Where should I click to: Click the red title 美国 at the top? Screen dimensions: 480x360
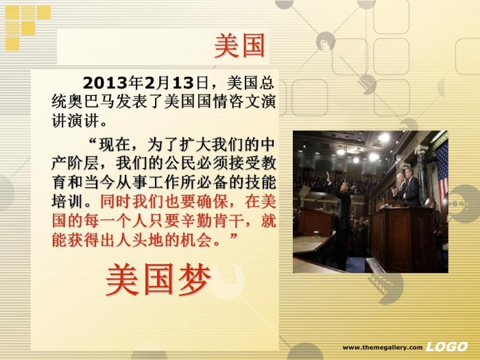coord(239,46)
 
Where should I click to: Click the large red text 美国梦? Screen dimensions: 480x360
coord(158,280)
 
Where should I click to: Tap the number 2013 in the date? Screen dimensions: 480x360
coord(105,83)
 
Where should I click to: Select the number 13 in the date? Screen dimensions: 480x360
coord(183,83)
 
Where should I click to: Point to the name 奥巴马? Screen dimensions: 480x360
coord(91,102)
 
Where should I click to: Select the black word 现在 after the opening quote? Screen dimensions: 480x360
coord(115,145)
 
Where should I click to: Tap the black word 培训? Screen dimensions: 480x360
coord(67,202)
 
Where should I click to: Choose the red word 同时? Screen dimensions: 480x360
coord(116,202)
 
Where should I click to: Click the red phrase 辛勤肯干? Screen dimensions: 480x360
coord(213,221)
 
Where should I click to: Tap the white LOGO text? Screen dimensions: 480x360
coord(446,347)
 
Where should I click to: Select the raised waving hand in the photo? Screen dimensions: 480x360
coord(328,177)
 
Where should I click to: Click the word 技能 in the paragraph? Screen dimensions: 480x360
coord(260,183)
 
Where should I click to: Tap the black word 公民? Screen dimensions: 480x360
coord(180,163)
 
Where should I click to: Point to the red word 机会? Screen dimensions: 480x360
coord(197,240)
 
